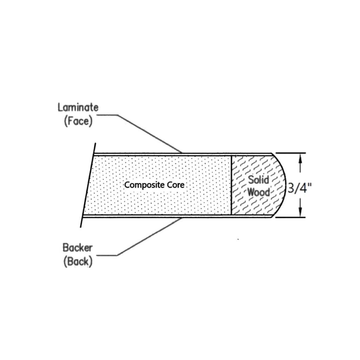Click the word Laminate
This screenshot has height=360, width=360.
(78, 108)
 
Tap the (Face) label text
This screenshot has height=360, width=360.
(78, 121)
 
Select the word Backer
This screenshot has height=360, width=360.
(78, 247)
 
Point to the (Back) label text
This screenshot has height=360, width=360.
(78, 262)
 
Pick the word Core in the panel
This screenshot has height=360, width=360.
(176, 185)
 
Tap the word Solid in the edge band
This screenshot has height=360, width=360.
(258, 180)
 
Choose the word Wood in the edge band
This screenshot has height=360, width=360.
(258, 192)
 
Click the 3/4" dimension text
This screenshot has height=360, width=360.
(300, 189)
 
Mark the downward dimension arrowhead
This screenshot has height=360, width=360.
(300, 212)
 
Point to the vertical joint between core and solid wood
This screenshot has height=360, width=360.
(231, 185)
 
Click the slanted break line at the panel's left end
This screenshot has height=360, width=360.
(88, 185)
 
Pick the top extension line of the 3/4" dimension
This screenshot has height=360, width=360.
(291, 153)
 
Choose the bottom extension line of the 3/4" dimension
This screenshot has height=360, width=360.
(291, 217)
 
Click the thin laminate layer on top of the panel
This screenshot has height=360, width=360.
(183, 154)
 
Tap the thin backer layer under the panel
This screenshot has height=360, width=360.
(177, 216)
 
